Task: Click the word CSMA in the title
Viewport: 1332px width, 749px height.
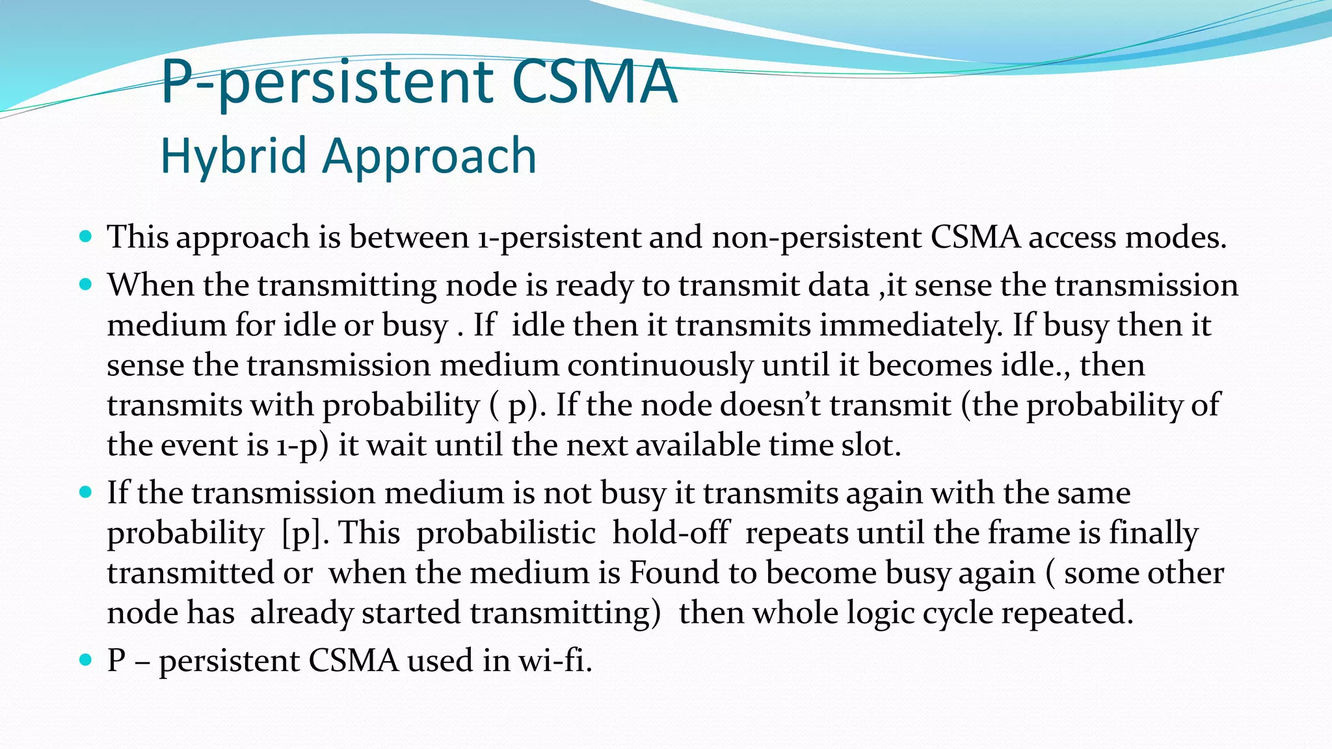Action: pyautogui.click(x=594, y=83)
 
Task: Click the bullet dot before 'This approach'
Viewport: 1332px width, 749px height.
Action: pyautogui.click(x=86, y=236)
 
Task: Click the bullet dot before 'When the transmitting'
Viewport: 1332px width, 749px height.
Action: pyautogui.click(x=86, y=284)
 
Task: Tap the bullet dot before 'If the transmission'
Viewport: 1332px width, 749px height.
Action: pyautogui.click(x=86, y=492)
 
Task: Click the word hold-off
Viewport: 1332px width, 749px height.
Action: pyautogui.click(x=671, y=533)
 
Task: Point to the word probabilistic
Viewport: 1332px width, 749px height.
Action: pyautogui.click(x=506, y=533)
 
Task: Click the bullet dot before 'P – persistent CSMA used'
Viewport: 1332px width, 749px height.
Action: pyautogui.click(x=86, y=661)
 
